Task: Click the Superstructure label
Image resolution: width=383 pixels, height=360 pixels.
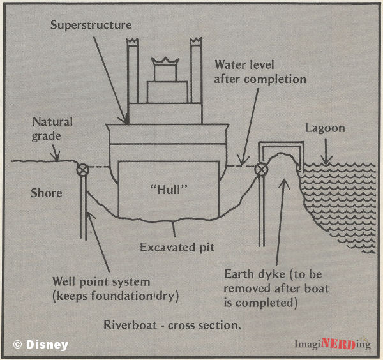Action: [x=92, y=26]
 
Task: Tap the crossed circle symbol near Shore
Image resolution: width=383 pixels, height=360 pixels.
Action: [x=82, y=170]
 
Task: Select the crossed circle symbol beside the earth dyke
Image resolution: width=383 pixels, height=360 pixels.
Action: [x=260, y=170]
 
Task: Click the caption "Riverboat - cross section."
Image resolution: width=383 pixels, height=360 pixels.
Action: [x=172, y=325]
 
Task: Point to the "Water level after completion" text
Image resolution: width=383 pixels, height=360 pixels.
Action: [x=260, y=72]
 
